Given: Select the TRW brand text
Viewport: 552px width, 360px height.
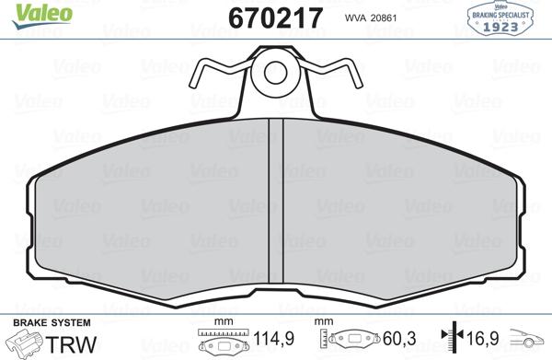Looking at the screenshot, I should (x=75, y=344).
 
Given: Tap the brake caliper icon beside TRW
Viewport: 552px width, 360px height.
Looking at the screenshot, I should (x=28, y=344).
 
